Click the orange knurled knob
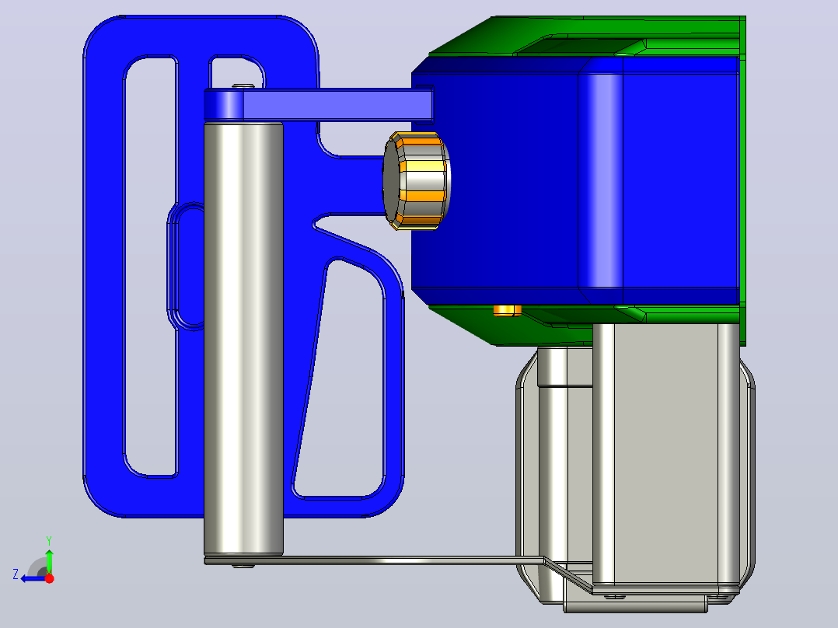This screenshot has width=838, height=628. [417, 180]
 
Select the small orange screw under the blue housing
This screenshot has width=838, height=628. [507, 311]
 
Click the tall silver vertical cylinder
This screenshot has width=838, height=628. [244, 339]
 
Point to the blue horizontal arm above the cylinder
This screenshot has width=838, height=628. [319, 105]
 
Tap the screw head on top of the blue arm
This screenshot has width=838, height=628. [243, 85]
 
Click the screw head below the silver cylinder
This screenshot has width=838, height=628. [243, 566]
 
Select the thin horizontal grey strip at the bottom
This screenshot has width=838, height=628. [374, 560]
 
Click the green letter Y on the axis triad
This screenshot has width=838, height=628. [49, 540]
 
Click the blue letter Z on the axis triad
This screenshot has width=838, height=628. [16, 574]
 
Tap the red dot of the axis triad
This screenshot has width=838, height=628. [49, 578]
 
